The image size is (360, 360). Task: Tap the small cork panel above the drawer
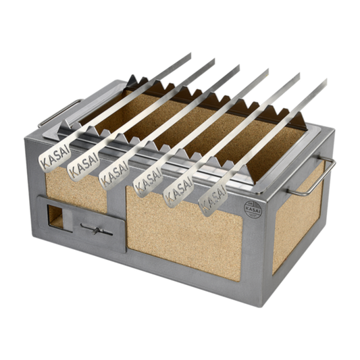(x=72, y=191)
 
